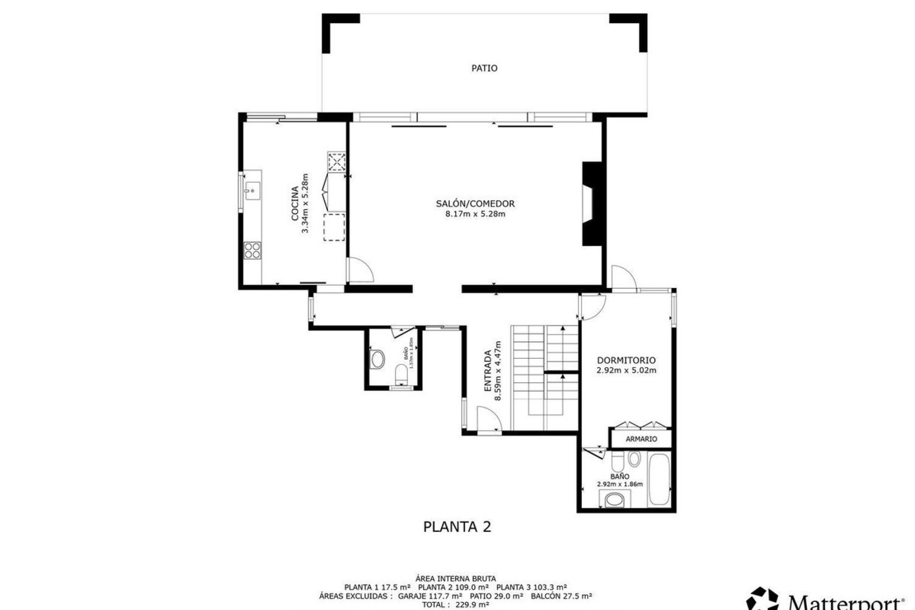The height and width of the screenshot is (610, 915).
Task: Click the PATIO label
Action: coord(484,68)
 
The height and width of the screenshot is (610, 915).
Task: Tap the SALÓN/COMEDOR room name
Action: coord(475,203)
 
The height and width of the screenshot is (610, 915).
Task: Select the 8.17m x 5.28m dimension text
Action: coord(475,214)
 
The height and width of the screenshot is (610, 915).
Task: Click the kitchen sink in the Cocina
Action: coord(251,191)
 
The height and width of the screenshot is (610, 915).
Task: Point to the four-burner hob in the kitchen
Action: coord(253,251)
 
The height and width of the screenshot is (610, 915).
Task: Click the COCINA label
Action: coord(295,203)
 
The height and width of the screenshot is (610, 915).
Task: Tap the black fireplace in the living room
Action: coord(591,204)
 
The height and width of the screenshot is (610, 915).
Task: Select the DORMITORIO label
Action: coord(626,360)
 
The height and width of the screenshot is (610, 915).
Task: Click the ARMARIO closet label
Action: coord(641,439)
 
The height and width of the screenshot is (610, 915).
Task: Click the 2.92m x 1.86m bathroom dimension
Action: coord(620,484)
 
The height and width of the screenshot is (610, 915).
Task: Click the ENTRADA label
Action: coord(488,371)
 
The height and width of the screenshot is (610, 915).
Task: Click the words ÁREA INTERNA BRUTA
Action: coord(456,579)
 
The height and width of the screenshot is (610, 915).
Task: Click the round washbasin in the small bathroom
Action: coord(378,359)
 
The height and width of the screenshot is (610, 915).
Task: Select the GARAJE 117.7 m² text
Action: coord(430,596)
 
